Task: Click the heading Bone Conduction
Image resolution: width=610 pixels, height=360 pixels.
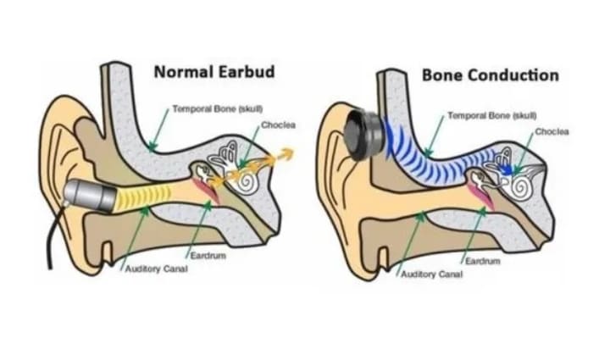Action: [490, 75]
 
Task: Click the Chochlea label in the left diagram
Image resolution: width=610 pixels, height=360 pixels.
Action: [278, 125]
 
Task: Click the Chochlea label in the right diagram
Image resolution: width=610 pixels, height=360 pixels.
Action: [552, 132]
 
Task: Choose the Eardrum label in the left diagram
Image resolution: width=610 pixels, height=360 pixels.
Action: [208, 255]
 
